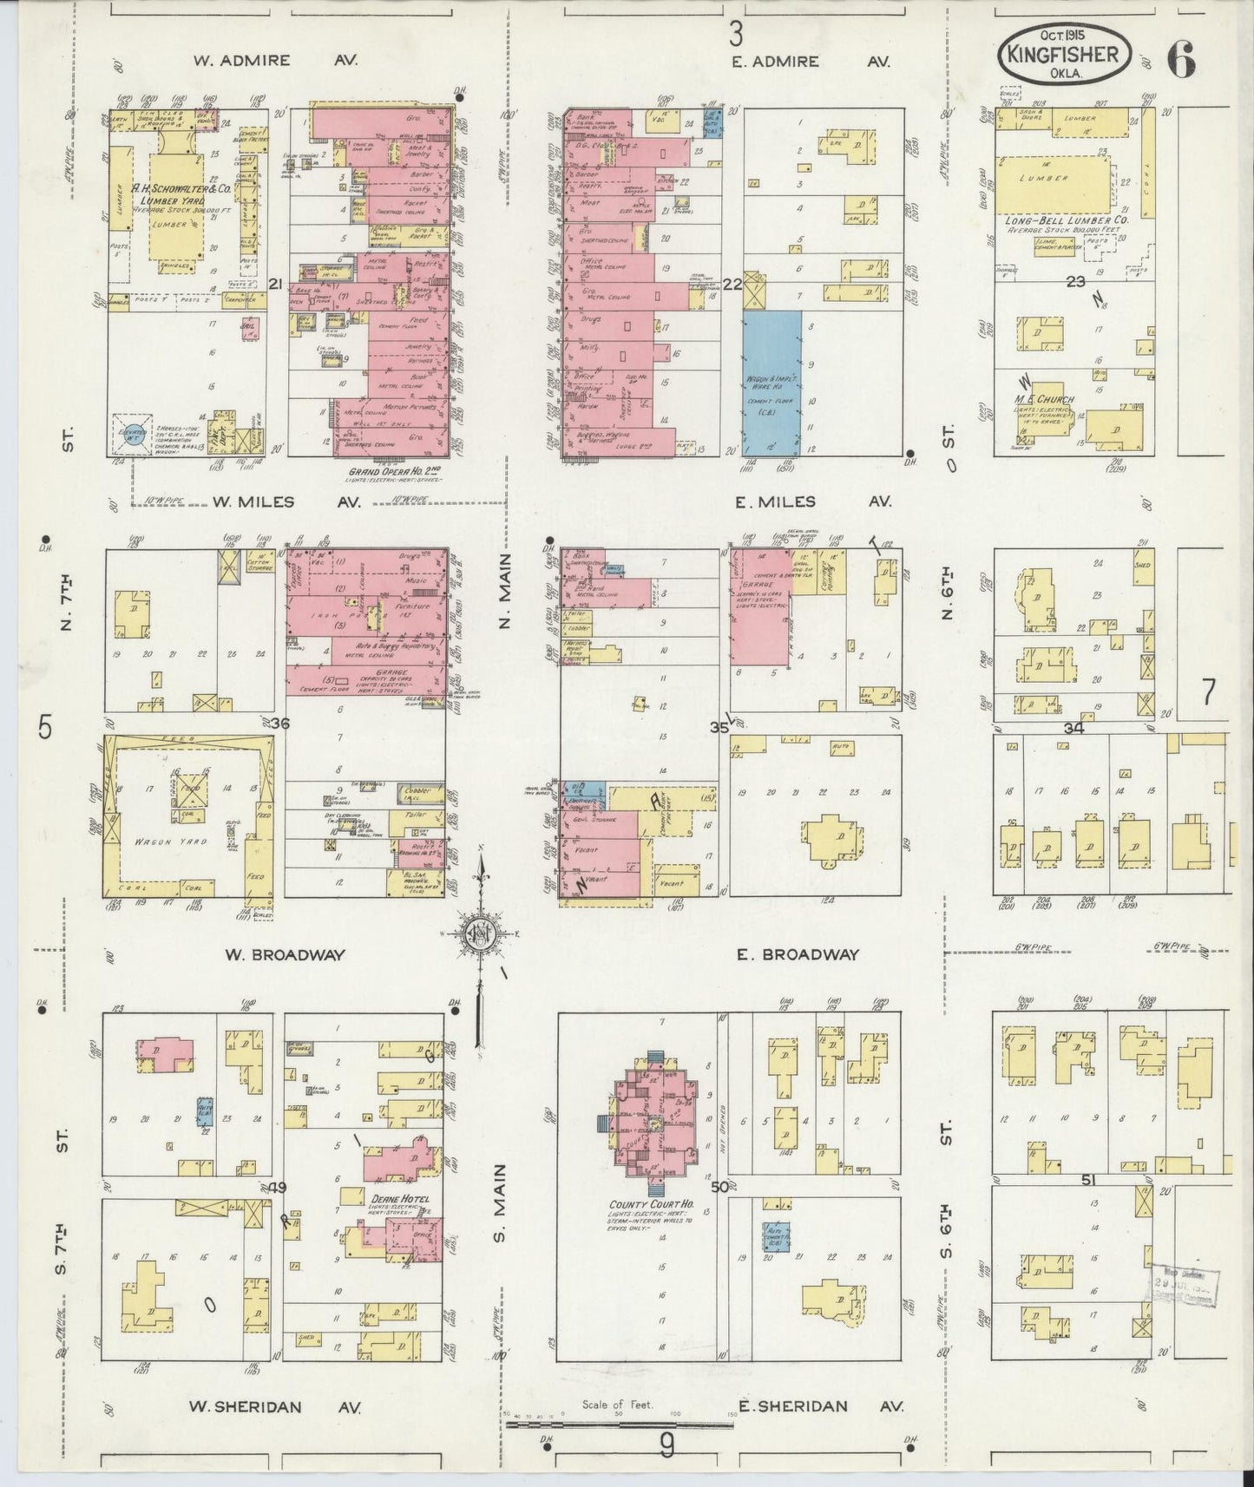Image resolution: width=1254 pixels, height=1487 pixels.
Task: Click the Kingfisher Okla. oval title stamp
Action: [1067, 54]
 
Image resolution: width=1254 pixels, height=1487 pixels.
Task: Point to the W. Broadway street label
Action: [285, 954]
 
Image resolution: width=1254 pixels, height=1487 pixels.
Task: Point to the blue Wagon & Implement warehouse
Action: [771, 382]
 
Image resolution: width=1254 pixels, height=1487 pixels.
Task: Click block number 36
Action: [279, 723]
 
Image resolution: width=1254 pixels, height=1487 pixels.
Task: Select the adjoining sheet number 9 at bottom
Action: [666, 1444]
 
